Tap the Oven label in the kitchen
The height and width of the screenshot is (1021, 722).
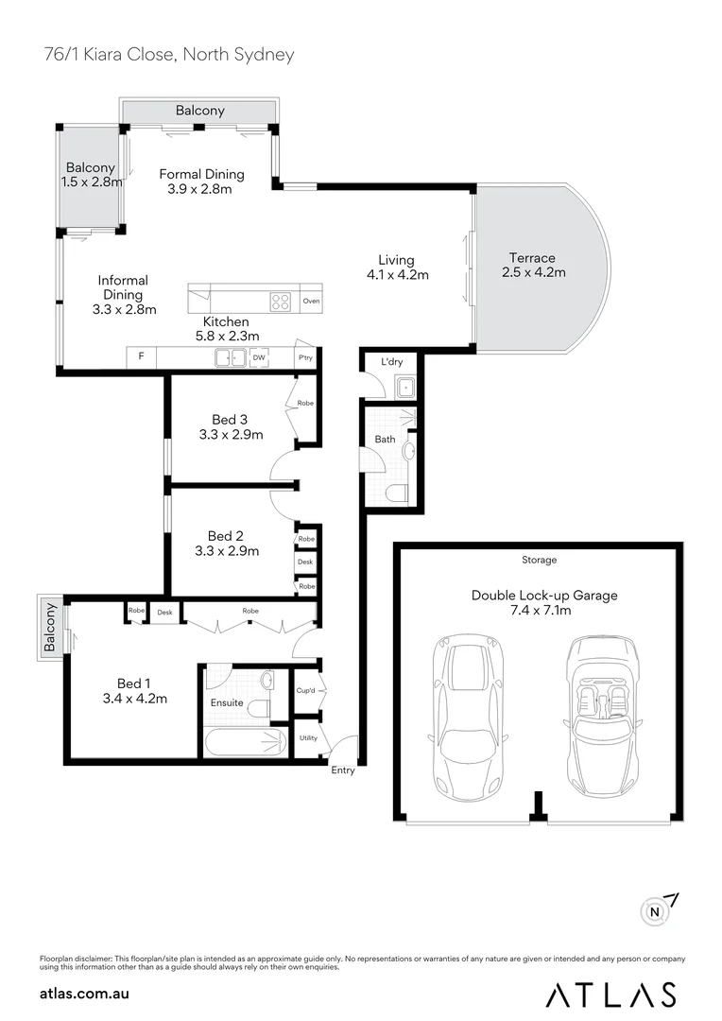click(x=311, y=302)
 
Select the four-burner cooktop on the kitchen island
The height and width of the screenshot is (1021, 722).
click(x=281, y=302)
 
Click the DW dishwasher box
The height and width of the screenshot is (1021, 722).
click(x=258, y=357)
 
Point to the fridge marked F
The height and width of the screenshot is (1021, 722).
click(x=141, y=356)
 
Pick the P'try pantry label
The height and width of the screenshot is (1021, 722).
click(x=305, y=357)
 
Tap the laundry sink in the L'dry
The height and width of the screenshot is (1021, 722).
click(x=404, y=386)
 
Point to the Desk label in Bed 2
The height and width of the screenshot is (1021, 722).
click(x=305, y=562)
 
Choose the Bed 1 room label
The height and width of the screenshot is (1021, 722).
click(x=134, y=684)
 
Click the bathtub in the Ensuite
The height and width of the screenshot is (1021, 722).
click(x=243, y=742)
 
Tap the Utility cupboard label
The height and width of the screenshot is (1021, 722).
click(x=308, y=737)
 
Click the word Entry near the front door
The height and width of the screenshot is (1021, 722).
click(x=343, y=770)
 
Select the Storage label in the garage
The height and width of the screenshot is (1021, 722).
click(x=540, y=561)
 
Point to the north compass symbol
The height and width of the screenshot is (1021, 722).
click(x=655, y=911)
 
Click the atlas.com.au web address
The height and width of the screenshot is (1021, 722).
click(x=84, y=994)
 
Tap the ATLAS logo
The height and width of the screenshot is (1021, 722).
click(x=611, y=994)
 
